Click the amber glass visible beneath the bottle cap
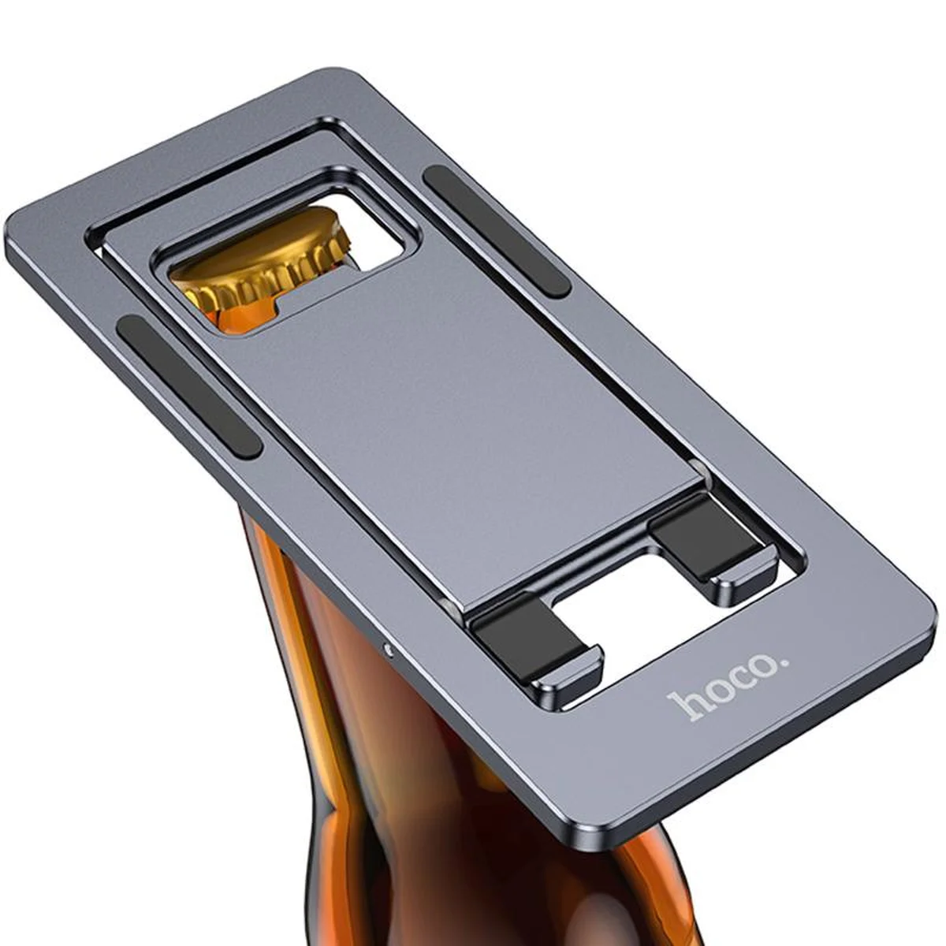coord(236,315)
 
